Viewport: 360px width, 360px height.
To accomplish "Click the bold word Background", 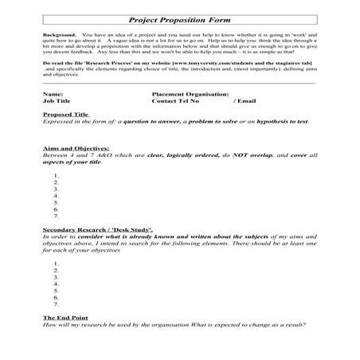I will click(x=60, y=37).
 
